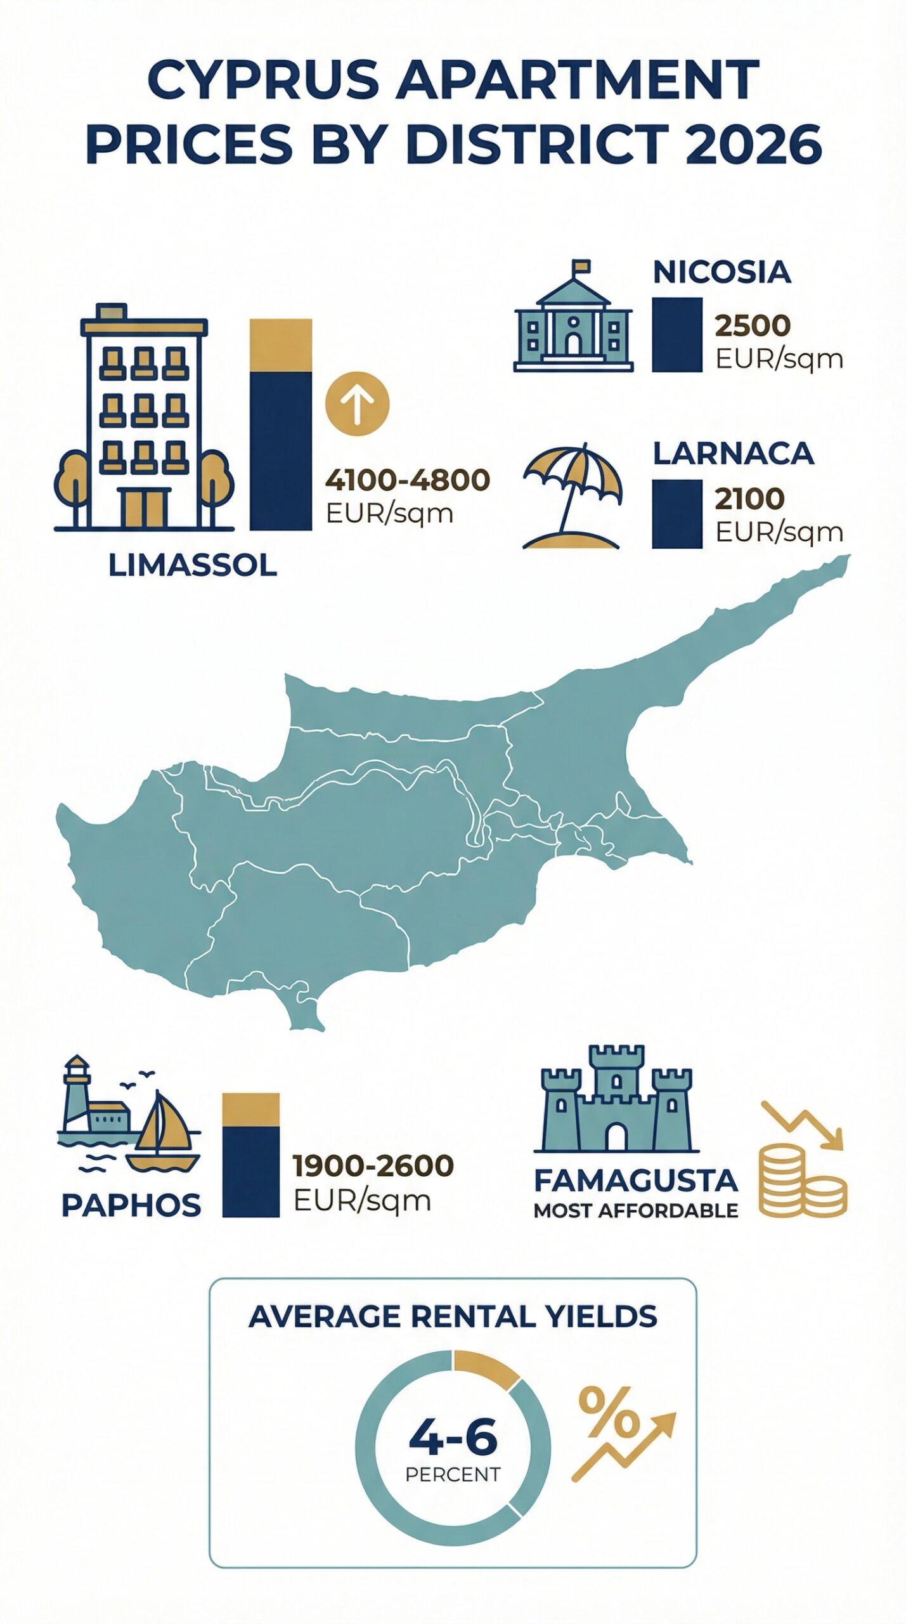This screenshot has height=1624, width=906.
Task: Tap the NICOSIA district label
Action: [x=722, y=272]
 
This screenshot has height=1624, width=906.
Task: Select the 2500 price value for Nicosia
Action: [x=752, y=325]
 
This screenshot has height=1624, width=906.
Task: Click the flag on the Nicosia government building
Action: [x=581, y=266]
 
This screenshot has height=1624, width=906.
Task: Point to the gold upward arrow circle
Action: [x=357, y=403]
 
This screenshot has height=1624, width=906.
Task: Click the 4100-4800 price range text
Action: [x=407, y=480]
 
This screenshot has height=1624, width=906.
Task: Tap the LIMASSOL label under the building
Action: [x=192, y=565]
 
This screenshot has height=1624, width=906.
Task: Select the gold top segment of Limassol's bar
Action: [x=280, y=344]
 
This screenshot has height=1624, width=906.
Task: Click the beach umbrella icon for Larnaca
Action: [x=572, y=488]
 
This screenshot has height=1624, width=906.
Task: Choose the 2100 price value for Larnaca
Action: [x=749, y=499]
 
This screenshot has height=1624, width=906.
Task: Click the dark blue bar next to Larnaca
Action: [x=676, y=514]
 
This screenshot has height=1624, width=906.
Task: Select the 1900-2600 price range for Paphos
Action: [x=373, y=1165]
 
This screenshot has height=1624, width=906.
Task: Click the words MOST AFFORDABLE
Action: [x=635, y=1210]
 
